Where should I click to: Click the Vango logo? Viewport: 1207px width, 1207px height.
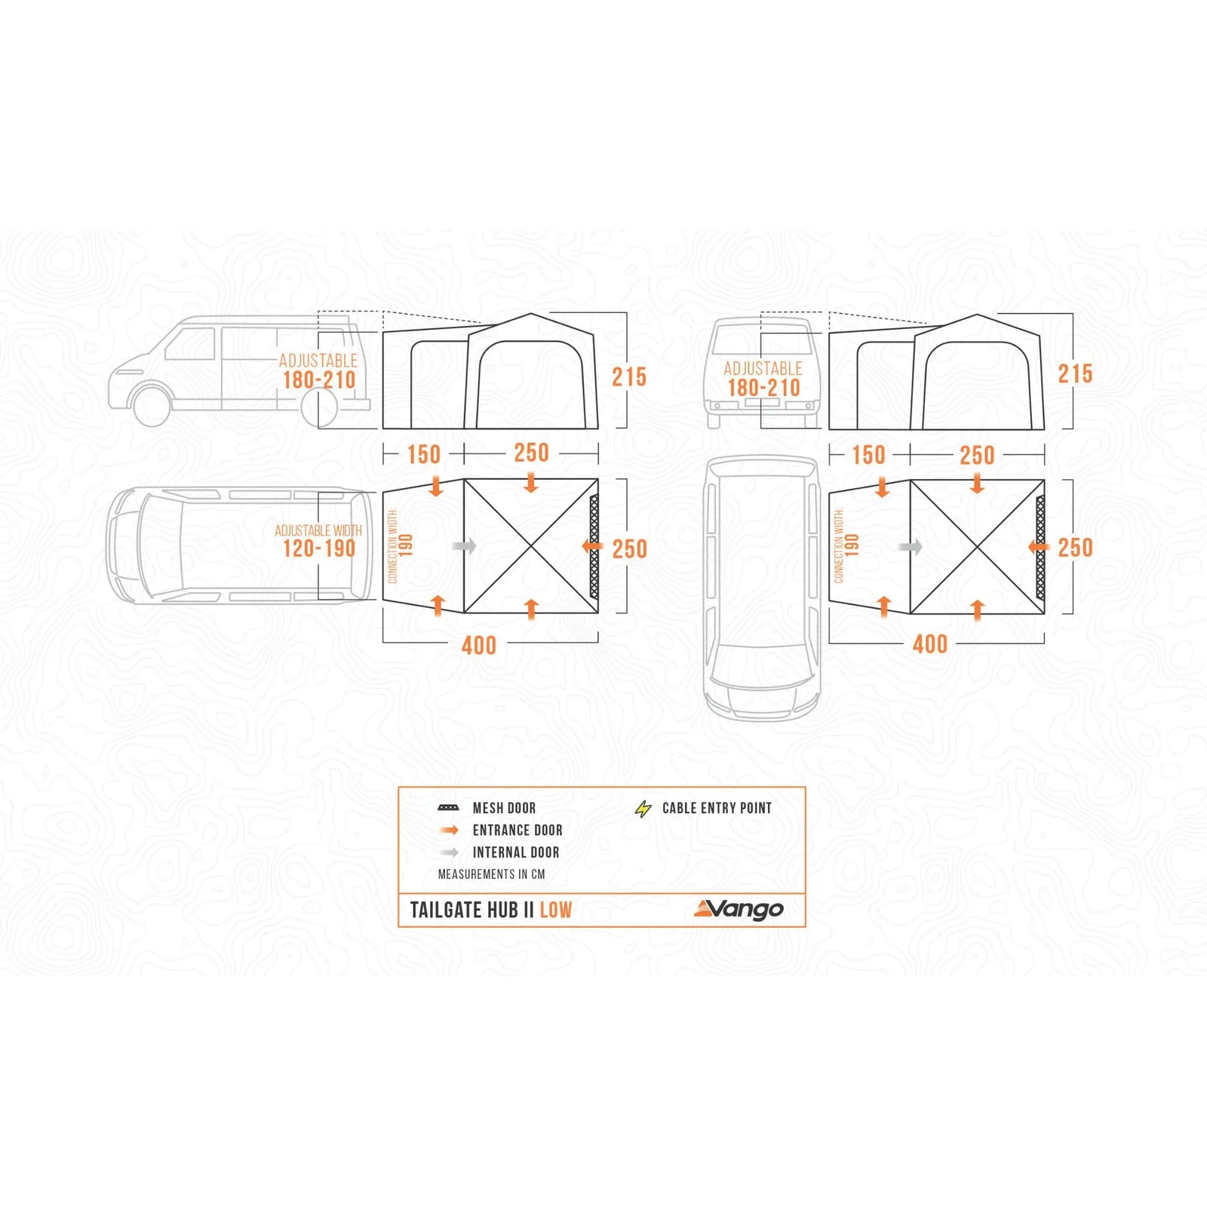(x=739, y=910)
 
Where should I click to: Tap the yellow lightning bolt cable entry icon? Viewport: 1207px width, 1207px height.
(x=643, y=809)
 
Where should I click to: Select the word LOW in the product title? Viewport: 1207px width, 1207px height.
(x=556, y=910)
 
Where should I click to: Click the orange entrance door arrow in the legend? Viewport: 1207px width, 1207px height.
(x=450, y=831)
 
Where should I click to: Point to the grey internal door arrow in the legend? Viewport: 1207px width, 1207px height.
(x=450, y=852)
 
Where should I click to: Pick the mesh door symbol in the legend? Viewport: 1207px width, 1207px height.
(x=449, y=808)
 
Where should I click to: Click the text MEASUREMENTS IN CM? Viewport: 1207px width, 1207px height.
(x=491, y=874)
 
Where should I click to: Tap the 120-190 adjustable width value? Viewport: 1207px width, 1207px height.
(x=319, y=548)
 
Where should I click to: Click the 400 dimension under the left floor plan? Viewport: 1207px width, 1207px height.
(x=479, y=646)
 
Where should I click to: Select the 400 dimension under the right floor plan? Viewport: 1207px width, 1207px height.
(x=930, y=644)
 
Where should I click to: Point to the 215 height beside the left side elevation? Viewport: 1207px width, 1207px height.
(x=629, y=376)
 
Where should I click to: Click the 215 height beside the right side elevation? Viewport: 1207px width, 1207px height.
(x=1075, y=373)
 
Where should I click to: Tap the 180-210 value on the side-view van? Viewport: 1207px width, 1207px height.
(x=319, y=379)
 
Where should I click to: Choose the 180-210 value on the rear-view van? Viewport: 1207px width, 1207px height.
(x=763, y=388)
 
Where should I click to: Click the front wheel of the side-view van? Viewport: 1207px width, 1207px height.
(x=151, y=405)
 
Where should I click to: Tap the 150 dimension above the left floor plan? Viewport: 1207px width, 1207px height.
(x=423, y=454)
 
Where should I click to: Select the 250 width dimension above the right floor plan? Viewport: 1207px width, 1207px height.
(x=977, y=455)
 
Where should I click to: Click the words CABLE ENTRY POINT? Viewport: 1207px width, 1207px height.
(x=717, y=808)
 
